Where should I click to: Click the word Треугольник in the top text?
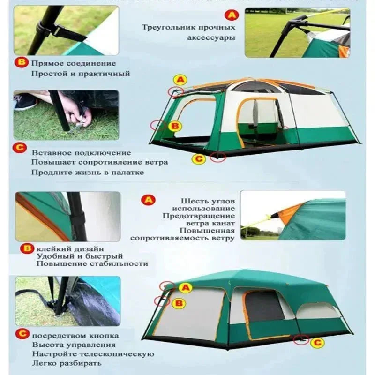click(164, 28)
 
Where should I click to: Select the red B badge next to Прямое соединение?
click(22, 62)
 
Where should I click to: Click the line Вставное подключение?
click(81, 153)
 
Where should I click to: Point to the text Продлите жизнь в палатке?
click(87, 172)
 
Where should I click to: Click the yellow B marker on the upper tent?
click(174, 126)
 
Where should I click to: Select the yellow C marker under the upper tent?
click(199, 159)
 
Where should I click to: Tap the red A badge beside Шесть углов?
click(148, 200)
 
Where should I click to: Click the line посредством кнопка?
click(75, 336)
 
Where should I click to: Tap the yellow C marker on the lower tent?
click(317, 343)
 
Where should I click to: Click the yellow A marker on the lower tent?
click(186, 287)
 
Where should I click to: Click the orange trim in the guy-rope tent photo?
click(287, 213)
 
